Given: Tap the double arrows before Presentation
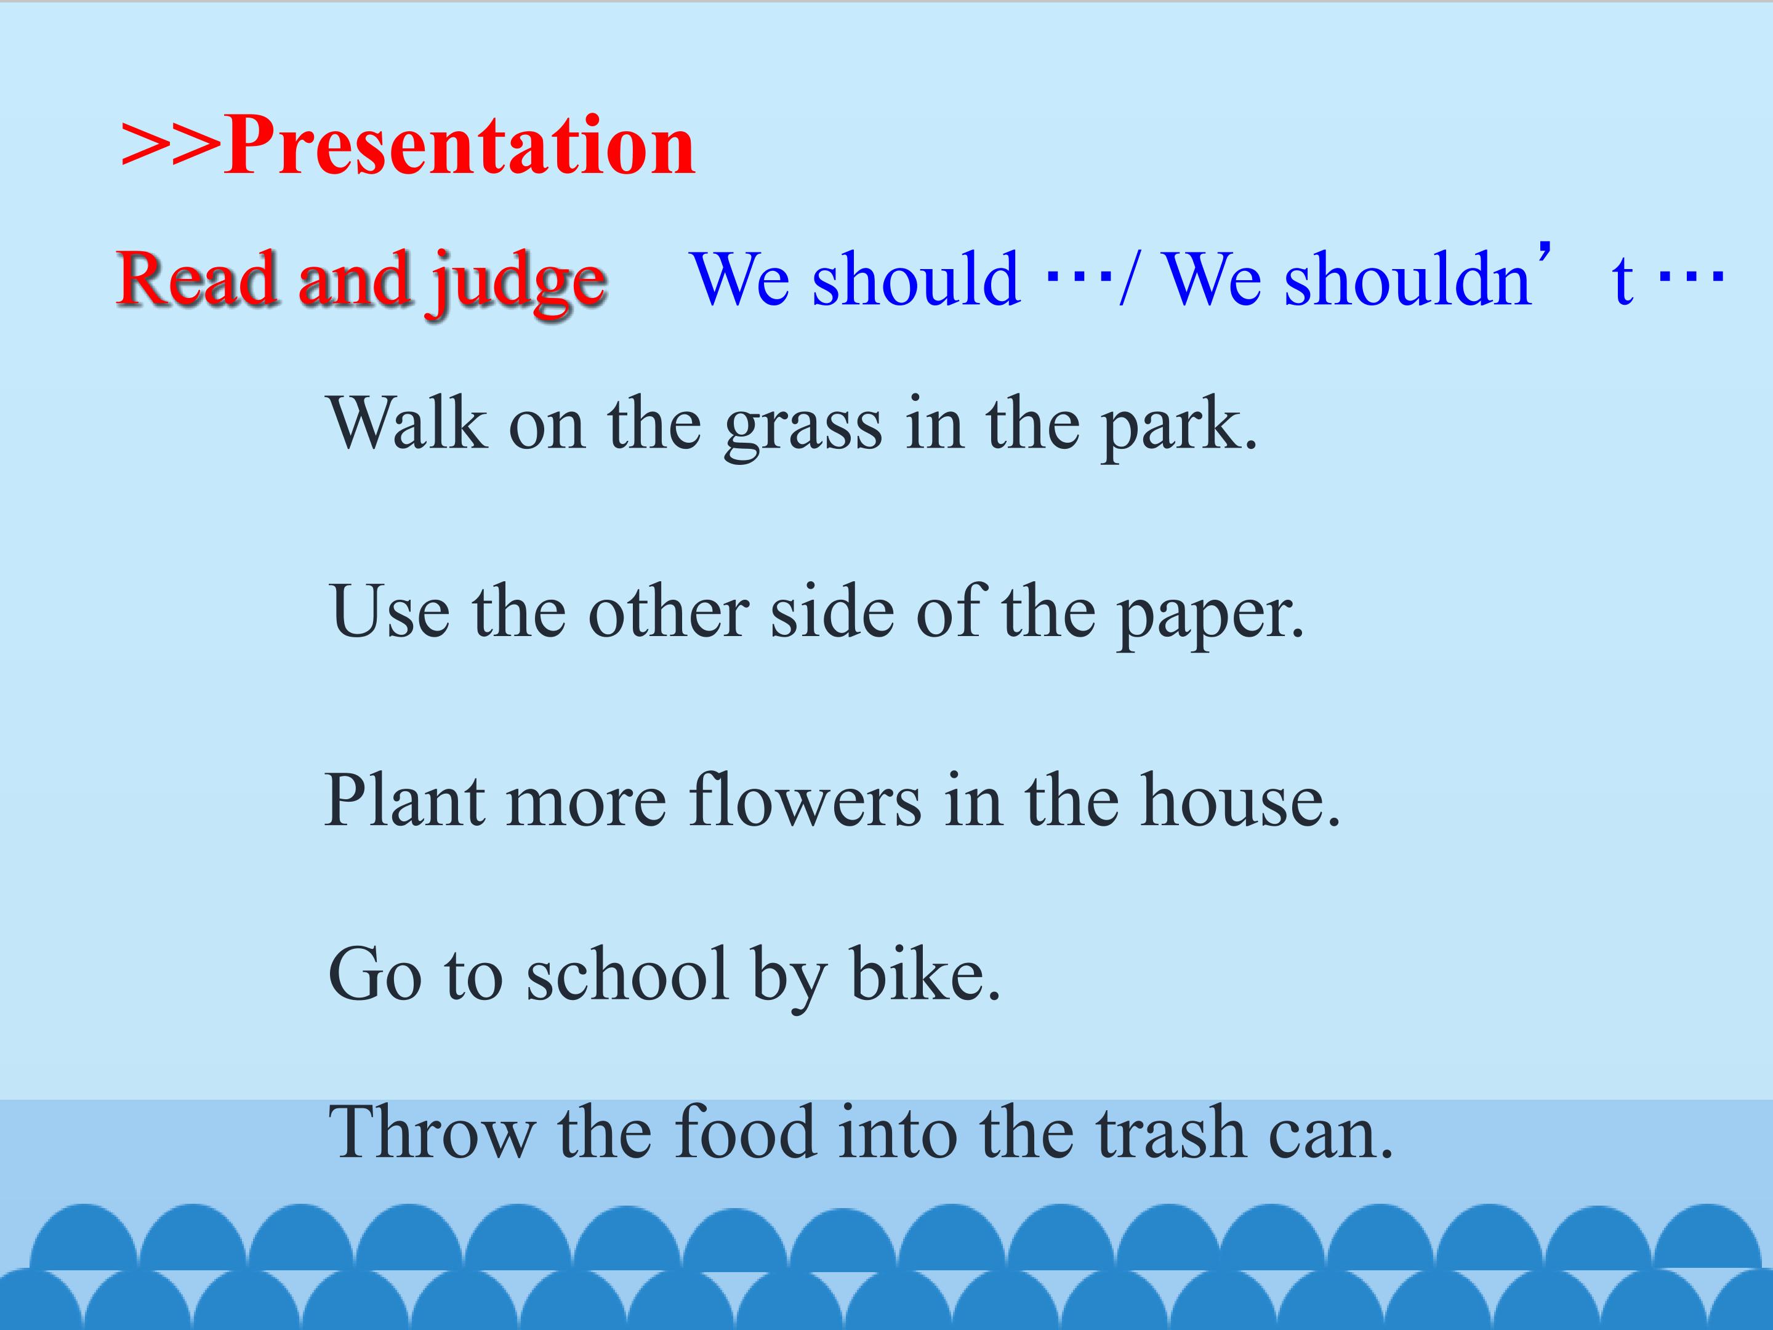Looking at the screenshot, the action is point(171,146).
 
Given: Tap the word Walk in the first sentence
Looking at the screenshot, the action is point(407,422).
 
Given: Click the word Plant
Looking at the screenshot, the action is point(405,799).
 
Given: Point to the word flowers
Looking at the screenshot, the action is point(805,799).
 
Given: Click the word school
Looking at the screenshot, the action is point(627,974).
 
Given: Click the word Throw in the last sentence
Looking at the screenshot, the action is point(433,1132).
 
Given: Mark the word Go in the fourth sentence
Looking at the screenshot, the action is point(375,975).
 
